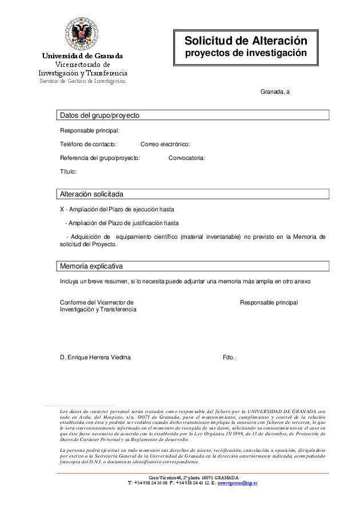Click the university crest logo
click(x=82, y=34)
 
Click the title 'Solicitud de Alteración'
click(x=246, y=41)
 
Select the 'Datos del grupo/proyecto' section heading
click(x=100, y=115)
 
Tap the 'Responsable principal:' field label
click(x=90, y=131)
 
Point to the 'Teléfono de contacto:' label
click(x=89, y=145)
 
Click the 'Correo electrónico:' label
click(x=165, y=145)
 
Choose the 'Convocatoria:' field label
click(x=187, y=158)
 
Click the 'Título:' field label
click(x=69, y=172)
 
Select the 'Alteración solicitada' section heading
click(x=92, y=194)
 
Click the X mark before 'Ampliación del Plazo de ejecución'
click(x=62, y=209)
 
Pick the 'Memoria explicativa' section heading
click(x=91, y=266)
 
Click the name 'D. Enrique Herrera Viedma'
click(x=95, y=358)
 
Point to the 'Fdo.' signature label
click(x=229, y=358)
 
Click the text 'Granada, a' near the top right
click(x=275, y=91)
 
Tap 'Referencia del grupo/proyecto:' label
click(x=100, y=158)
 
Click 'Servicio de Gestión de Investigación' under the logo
click(x=82, y=81)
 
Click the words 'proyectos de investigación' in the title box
click(x=245, y=53)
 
